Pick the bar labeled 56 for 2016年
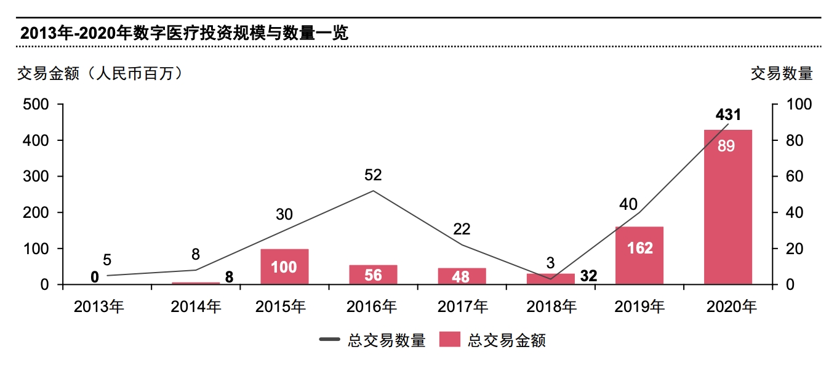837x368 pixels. [373, 274]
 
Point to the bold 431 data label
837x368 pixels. [728, 115]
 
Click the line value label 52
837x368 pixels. [373, 175]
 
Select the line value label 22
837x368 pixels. [462, 230]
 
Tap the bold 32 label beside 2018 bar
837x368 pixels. [588, 276]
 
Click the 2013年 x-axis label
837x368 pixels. [98, 306]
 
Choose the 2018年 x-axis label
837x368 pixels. [551, 306]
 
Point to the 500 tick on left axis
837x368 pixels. [36, 105]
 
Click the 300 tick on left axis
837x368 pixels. [36, 177]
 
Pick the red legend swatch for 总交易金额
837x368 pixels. [450, 340]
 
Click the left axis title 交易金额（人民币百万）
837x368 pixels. [100, 74]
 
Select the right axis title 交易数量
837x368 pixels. [782, 74]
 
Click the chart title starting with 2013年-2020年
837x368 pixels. [184, 33]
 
